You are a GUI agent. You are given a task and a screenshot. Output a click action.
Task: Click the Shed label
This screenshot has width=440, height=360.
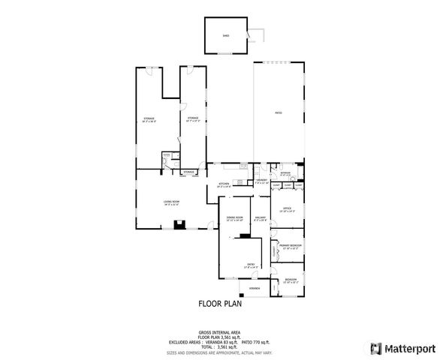point(225,34)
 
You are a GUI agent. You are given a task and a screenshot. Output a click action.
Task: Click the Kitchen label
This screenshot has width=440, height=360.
point(224,184)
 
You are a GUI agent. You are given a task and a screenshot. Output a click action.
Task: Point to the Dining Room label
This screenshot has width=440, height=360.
point(234,218)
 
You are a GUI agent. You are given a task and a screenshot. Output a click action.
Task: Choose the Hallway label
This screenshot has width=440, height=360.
point(261,218)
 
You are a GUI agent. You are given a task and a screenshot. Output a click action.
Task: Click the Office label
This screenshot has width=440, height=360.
point(287,209)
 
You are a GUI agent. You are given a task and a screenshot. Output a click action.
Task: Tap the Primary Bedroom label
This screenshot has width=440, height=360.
point(290,246)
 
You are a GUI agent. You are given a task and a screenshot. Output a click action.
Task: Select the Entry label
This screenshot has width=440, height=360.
point(251,264)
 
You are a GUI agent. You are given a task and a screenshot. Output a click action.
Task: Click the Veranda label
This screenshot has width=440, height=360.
point(255,288)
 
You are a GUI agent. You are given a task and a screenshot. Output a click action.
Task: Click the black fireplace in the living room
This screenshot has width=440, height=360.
point(179,223)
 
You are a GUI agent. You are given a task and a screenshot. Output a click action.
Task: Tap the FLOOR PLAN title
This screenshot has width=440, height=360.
point(220,304)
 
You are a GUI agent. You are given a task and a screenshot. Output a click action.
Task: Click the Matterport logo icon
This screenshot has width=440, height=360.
point(374,348)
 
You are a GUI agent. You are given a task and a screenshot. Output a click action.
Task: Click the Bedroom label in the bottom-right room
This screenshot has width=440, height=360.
point(291,279)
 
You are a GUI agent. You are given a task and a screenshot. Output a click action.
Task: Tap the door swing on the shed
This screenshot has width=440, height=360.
point(259,34)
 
